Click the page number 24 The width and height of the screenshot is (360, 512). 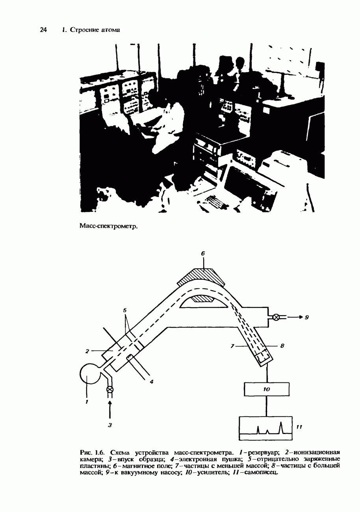pos(43,30)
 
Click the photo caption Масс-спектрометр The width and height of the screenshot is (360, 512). pos(109,226)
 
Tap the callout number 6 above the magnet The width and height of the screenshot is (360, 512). pos(203,253)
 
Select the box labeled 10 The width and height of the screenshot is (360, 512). pos(267,389)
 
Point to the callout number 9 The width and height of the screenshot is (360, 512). pos(307,317)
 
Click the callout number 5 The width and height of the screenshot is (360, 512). pos(125,310)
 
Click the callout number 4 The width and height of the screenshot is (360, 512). pos(152,382)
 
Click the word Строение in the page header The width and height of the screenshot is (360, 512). pos(84,30)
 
